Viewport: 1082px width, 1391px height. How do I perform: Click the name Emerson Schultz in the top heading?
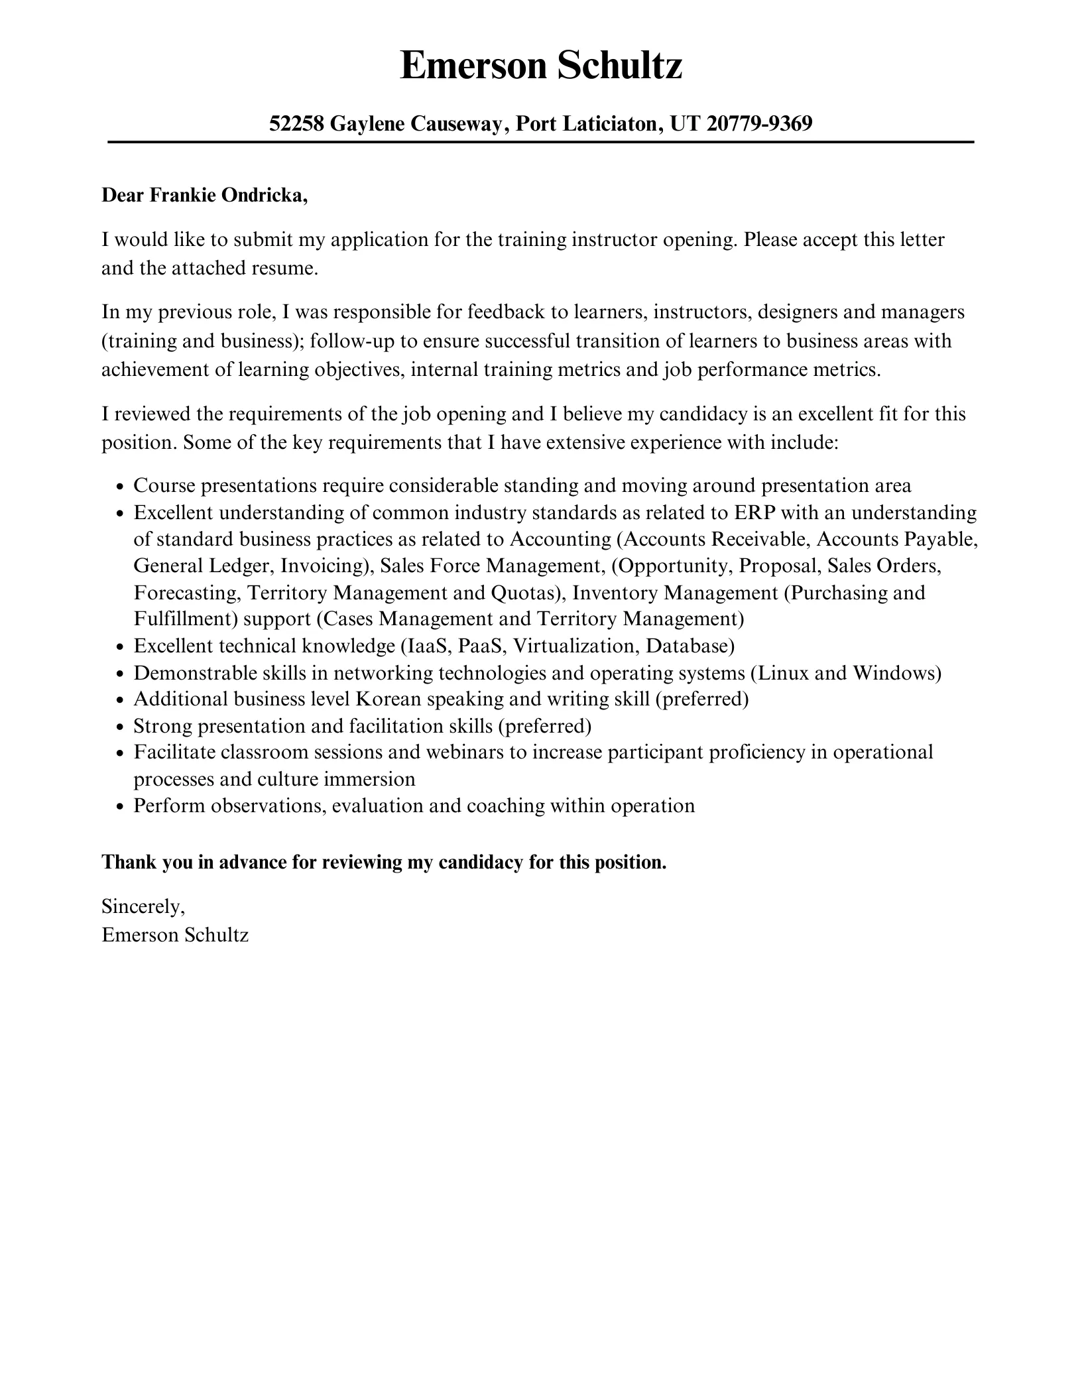pyautogui.click(x=541, y=67)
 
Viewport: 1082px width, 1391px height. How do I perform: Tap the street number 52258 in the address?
pyautogui.click(x=296, y=123)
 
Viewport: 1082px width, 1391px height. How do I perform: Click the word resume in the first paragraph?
pyautogui.click(x=286, y=269)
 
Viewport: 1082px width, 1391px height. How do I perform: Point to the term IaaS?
pyautogui.click(x=426, y=646)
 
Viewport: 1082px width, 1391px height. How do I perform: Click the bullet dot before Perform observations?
pyautogui.click(x=120, y=807)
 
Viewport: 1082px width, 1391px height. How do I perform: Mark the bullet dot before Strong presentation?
pyautogui.click(x=120, y=727)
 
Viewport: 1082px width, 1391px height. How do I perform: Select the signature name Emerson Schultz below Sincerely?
pyautogui.click(x=175, y=935)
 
